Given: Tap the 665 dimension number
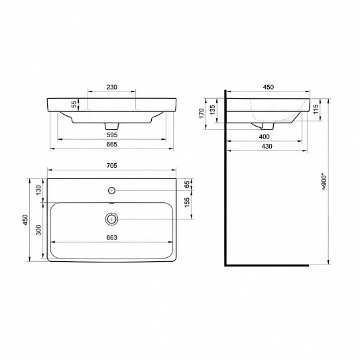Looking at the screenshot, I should tap(111, 147).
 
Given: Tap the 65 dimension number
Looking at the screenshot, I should tap(187, 184).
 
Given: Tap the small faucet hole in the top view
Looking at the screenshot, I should tap(111, 190).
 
